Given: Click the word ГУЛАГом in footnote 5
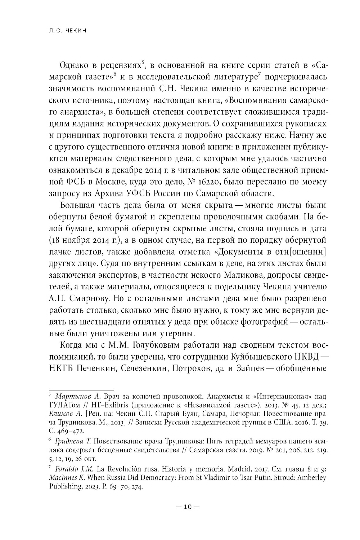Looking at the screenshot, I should pyautogui.click(x=64, y=405).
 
